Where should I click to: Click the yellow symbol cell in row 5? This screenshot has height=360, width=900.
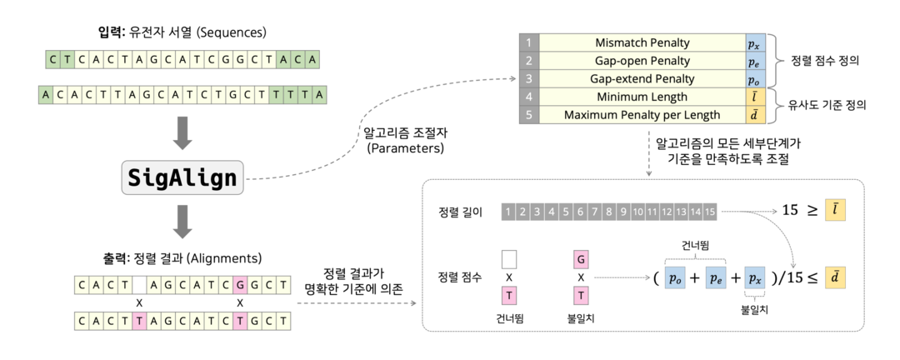tap(753, 115)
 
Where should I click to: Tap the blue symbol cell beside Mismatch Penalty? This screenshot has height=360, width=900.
tap(753, 42)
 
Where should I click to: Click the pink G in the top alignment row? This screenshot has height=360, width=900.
tap(240, 284)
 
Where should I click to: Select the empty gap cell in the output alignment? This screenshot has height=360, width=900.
tap(140, 284)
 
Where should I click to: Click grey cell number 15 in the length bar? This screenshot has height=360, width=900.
tap(709, 212)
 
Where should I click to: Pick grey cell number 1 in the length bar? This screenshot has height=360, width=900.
tap(509, 212)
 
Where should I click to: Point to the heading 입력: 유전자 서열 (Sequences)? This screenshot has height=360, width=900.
tap(182, 33)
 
